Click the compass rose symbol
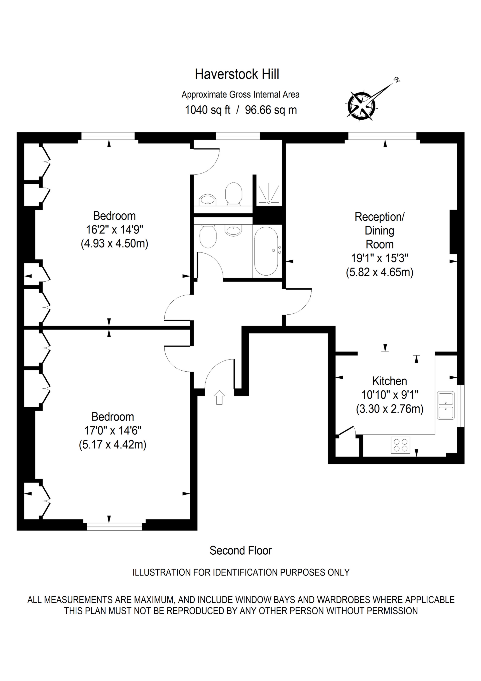(362, 106)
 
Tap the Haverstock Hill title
(237, 74)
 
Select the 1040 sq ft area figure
(207, 110)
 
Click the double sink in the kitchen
(446, 405)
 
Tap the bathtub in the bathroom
(266, 251)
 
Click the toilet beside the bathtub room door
(207, 236)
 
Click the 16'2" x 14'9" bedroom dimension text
(114, 230)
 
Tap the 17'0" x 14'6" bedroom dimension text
(113, 431)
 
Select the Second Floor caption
(240, 551)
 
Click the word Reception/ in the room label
(379, 217)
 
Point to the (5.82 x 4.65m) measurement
(379, 272)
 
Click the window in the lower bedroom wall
(114, 527)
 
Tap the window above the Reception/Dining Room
(382, 136)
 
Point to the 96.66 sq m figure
(271, 110)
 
